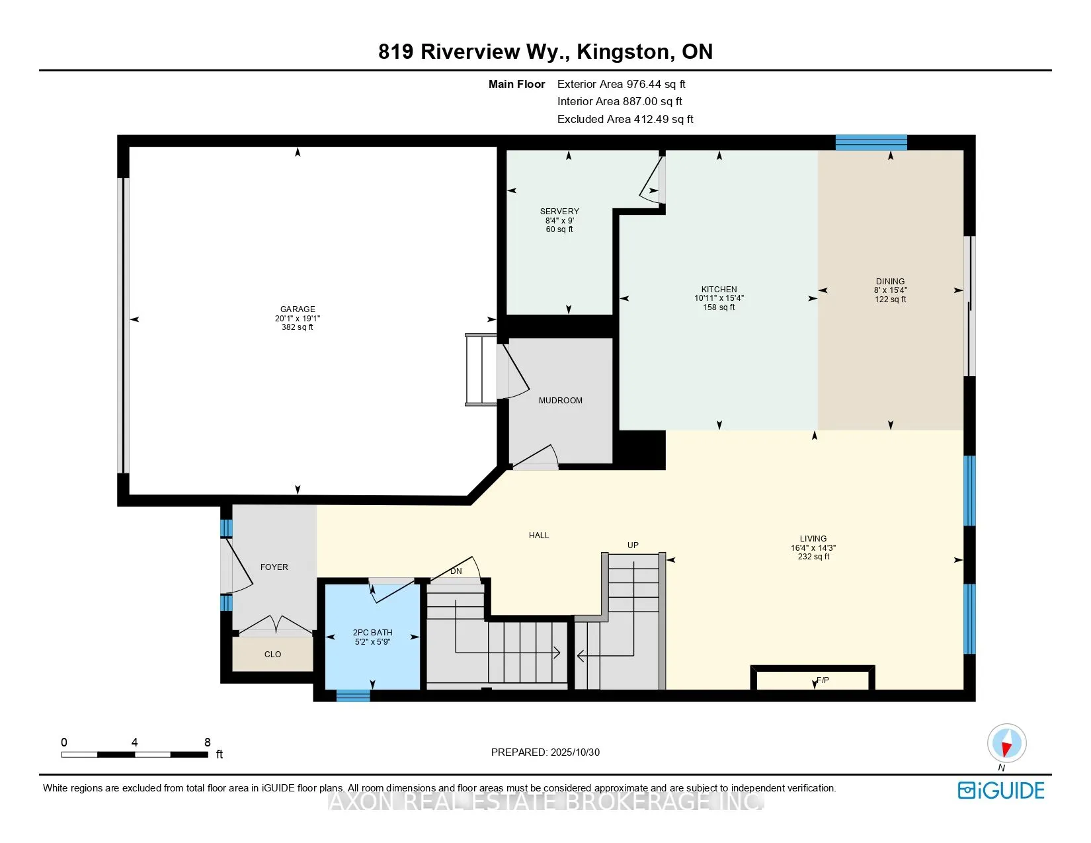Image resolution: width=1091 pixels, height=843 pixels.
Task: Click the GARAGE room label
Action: (x=298, y=309)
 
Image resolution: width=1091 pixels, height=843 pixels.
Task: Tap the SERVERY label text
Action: (x=559, y=212)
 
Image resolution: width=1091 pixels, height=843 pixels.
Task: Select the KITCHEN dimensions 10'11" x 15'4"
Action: (x=719, y=298)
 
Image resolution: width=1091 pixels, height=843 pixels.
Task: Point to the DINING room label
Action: (x=890, y=281)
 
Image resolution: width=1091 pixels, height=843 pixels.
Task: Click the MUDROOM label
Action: (x=560, y=401)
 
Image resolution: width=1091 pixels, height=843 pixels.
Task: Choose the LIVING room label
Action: (x=813, y=539)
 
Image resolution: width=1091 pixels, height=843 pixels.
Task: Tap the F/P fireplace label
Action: (x=823, y=680)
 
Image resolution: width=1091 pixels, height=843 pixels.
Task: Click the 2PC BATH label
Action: (x=372, y=633)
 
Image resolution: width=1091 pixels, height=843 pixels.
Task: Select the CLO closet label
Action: (x=272, y=655)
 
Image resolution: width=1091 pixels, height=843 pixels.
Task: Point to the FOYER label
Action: (x=274, y=567)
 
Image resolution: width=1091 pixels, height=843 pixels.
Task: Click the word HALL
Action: (x=539, y=536)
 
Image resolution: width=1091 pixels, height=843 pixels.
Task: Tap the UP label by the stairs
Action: (x=633, y=545)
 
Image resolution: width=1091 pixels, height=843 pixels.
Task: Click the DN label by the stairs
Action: (x=456, y=571)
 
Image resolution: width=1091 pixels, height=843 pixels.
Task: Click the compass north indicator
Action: (x=1006, y=743)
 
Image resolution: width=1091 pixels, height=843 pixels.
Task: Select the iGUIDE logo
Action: (x=1001, y=790)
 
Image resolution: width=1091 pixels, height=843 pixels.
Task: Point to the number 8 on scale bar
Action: (x=208, y=743)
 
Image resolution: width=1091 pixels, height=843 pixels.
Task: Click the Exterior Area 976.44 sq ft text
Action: (x=621, y=84)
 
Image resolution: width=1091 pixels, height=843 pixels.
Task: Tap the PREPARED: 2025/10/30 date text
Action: (x=545, y=752)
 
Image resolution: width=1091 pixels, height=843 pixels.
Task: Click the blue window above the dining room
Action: (x=871, y=142)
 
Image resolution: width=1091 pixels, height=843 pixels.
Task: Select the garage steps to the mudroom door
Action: (x=481, y=370)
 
